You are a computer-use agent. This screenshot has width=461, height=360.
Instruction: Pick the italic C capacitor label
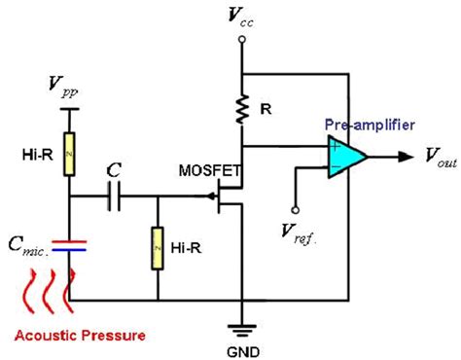pyautogui.click(x=116, y=170)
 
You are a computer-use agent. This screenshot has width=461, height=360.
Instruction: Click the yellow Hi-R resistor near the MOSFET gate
pyautogui.click(x=158, y=250)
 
